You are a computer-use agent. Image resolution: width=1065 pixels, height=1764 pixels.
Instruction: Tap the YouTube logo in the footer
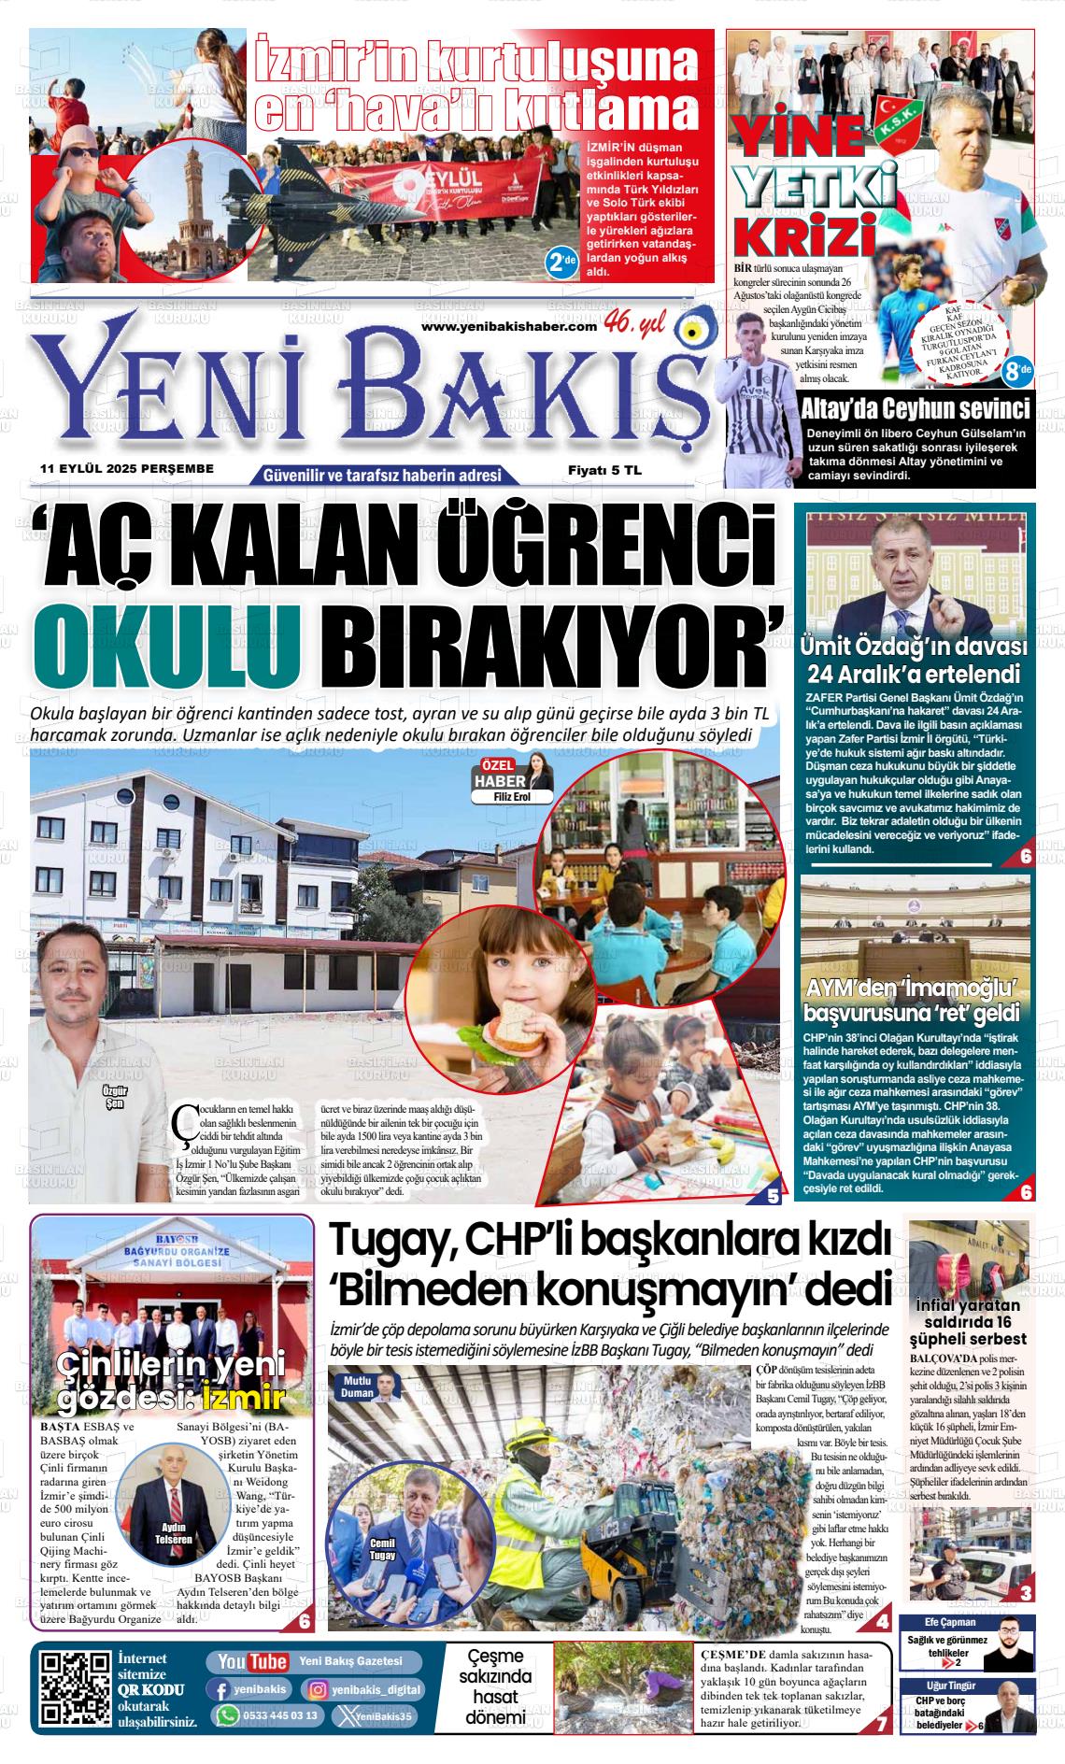point(251,1661)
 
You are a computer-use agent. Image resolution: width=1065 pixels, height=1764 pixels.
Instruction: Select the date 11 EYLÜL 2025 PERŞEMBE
point(128,468)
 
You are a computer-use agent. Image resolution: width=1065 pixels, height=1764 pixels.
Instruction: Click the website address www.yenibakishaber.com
point(508,325)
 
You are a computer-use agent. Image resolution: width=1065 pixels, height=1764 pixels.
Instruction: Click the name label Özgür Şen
point(119,1098)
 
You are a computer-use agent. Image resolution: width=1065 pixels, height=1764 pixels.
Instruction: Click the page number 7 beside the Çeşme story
point(880,1727)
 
